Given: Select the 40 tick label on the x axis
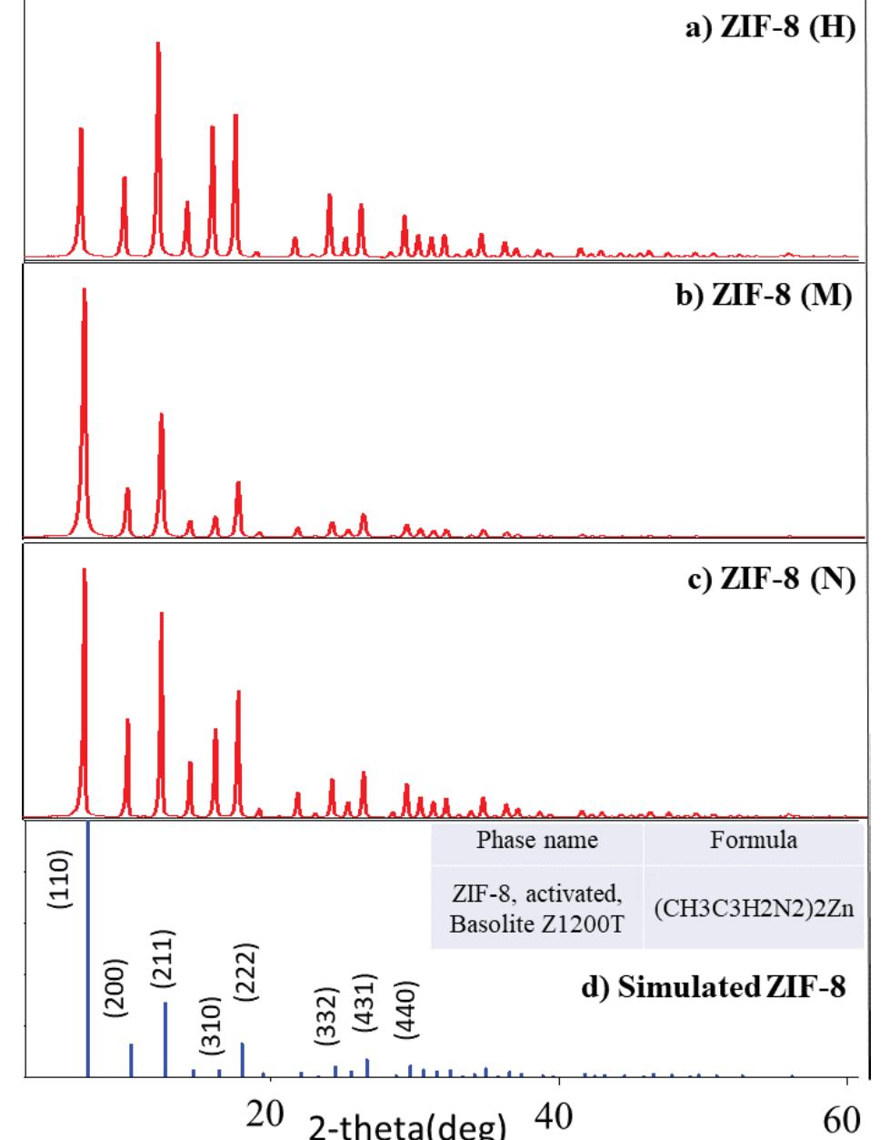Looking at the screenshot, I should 558,1117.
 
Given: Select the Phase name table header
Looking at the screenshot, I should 537,840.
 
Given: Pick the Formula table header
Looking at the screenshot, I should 754,840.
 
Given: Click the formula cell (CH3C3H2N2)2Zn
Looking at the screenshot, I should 754,910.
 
